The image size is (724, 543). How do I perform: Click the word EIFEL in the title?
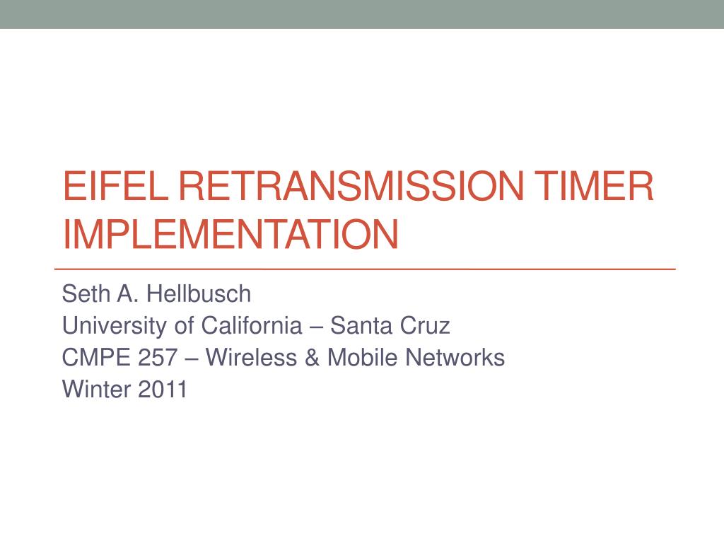(115, 186)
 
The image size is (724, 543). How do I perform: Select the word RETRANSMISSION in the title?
(351, 186)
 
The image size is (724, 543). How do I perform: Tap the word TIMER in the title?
(594, 186)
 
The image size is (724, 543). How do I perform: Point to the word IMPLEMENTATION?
(230, 234)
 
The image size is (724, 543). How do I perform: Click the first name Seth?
(86, 293)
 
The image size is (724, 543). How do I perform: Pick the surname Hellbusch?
(199, 293)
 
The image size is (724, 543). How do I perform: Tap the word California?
(252, 325)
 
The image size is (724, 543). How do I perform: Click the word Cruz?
(425, 325)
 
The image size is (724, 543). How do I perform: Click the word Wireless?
(251, 357)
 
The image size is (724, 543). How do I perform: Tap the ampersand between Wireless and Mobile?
(312, 357)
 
